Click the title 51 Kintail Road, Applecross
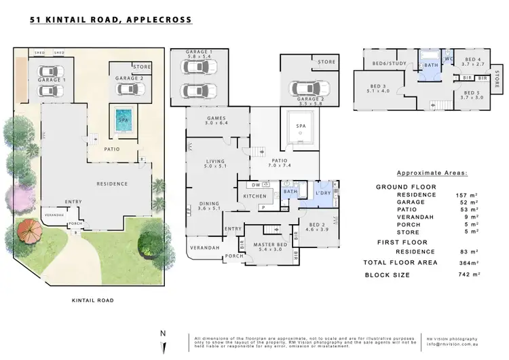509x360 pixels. [111, 20]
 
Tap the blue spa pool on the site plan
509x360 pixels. [123, 118]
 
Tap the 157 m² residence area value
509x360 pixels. [464, 194]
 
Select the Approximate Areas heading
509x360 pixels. [426, 173]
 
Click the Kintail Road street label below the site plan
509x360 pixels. [92, 300]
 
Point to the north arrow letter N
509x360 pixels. [162, 334]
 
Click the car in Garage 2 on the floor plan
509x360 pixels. [309, 89]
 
